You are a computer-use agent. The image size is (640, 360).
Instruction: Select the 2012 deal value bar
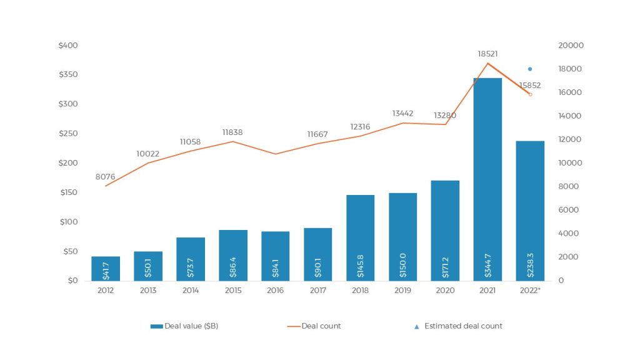point(106,269)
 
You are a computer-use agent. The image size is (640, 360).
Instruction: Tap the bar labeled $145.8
point(360,237)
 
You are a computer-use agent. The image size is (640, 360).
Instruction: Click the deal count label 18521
point(487,54)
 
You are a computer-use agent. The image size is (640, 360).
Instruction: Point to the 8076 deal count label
point(105,177)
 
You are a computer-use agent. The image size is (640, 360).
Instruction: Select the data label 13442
point(403,113)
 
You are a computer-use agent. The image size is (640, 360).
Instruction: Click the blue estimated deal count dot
point(530,69)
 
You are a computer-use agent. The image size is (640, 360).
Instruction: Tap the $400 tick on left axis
point(68,46)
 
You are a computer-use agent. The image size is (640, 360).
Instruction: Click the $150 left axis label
point(68,192)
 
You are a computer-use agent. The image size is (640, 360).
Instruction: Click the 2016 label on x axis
point(275,290)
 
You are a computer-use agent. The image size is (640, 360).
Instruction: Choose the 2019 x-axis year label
point(402,290)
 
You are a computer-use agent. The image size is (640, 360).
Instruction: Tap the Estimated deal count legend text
point(462,326)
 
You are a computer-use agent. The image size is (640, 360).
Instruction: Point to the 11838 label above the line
point(232,132)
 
